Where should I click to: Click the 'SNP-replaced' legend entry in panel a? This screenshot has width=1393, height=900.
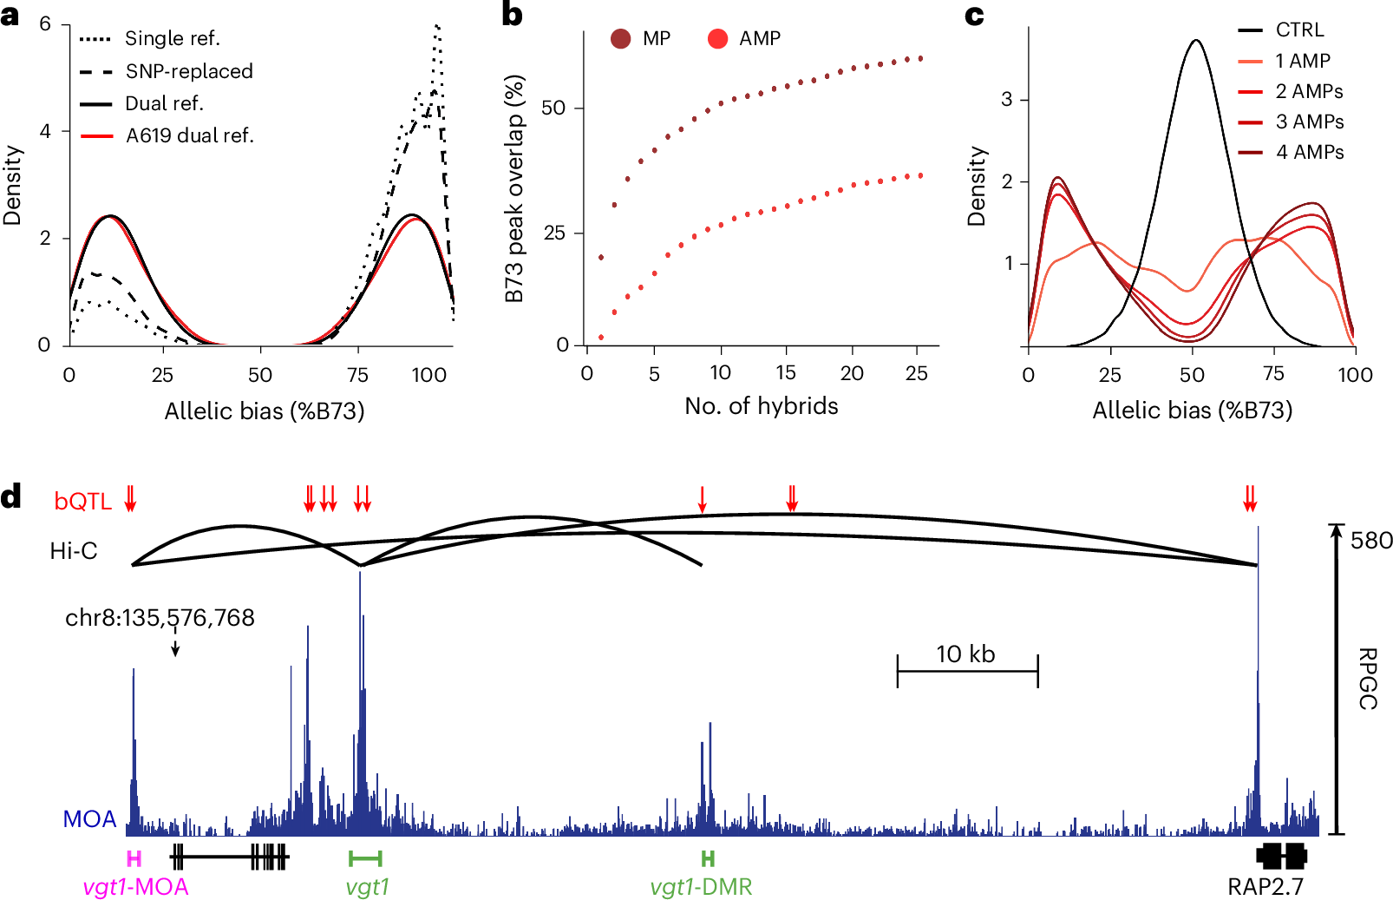(189, 71)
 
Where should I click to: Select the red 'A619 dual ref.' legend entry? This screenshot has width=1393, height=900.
(189, 135)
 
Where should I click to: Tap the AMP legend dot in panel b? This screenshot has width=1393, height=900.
(717, 38)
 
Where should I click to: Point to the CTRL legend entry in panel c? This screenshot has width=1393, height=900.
(1299, 30)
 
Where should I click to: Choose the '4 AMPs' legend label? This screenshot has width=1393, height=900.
(1310, 152)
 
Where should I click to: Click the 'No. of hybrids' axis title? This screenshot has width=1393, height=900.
(762, 406)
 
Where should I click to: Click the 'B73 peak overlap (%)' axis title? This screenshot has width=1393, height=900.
(515, 188)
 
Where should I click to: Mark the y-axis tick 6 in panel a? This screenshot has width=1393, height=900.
(45, 23)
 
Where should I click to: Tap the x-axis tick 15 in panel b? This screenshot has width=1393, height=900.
(786, 373)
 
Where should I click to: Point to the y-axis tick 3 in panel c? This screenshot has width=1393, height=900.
(1006, 99)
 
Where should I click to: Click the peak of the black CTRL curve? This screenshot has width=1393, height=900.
(1196, 40)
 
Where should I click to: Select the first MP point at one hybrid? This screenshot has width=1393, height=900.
(601, 257)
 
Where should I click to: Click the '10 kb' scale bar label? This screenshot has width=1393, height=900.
(965, 654)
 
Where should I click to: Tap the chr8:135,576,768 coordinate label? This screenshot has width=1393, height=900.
(160, 617)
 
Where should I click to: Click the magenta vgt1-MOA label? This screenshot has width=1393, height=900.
(135, 887)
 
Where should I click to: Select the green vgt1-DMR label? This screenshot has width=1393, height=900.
(701, 887)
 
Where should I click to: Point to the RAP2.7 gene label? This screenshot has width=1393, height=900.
(1265, 887)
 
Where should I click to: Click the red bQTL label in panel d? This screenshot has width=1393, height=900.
(82, 502)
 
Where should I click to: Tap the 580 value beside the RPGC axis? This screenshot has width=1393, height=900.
(1371, 541)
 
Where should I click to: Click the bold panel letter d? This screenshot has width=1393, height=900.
(11, 497)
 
